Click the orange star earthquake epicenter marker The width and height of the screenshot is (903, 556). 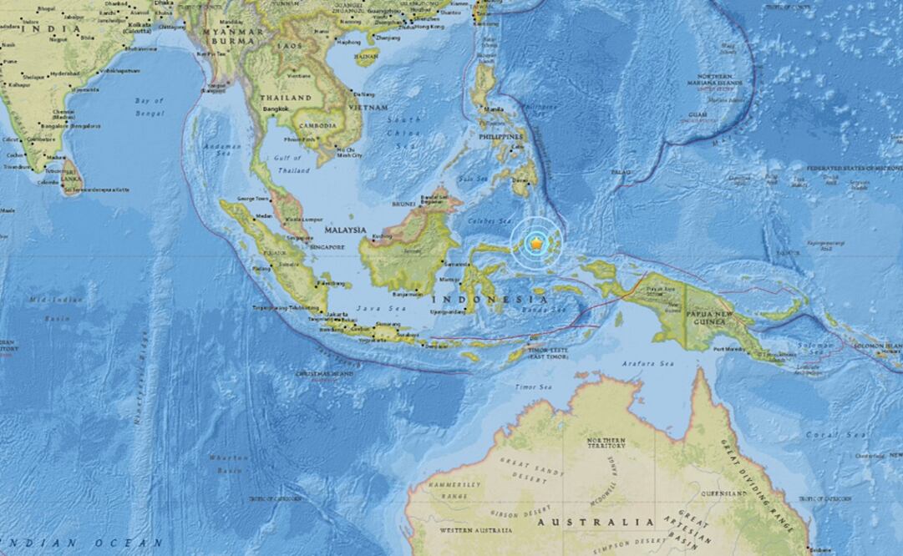point(535,242)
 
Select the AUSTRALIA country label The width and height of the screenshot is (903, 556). point(595,522)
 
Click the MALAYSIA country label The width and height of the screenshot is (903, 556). point(345,230)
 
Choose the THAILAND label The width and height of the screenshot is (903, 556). point(287,98)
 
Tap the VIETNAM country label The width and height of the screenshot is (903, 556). point(369,108)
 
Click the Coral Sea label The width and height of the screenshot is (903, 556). point(826,435)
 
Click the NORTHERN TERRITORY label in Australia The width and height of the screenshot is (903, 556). point(606,443)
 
